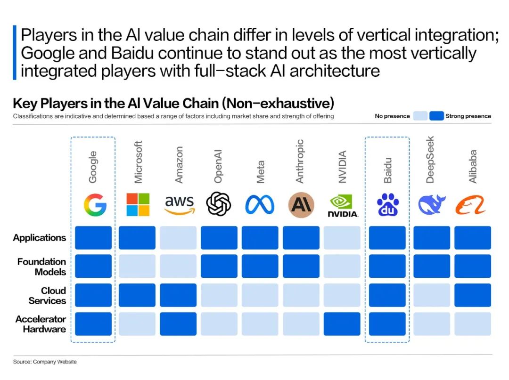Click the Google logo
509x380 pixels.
[95, 204]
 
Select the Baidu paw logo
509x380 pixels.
[387, 204]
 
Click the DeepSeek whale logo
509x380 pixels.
[431, 204]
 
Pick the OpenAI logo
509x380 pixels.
[219, 204]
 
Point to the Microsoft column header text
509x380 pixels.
[138, 162]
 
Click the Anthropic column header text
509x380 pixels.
[300, 161]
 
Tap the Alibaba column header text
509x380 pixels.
[472, 166]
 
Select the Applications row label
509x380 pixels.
[40, 238]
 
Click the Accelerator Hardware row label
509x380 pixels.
[41, 324]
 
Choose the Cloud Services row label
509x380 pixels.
[48, 295]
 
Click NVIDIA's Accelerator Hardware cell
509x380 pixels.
[342, 323]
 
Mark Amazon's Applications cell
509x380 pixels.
[178, 238]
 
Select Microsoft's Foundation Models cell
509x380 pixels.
[137, 266]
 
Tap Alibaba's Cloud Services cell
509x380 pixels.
[473, 295]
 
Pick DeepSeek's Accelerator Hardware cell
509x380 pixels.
[432, 323]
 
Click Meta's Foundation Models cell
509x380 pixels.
[260, 266]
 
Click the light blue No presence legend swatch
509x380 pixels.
[420, 116]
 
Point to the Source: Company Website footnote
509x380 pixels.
[45, 362]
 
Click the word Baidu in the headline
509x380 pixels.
[132, 53]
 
